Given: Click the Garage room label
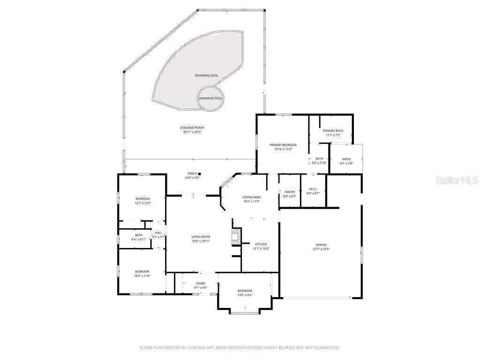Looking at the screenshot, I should (321, 245).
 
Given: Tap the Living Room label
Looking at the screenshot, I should (201, 237).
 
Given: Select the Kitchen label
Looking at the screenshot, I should (261, 244).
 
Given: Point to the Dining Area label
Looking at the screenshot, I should (251, 197).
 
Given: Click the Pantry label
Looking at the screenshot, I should (290, 192).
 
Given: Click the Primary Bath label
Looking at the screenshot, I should (333, 131).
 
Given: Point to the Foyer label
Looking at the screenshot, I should (201, 284).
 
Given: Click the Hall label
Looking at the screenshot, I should (158, 232).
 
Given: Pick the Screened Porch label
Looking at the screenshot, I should (192, 127).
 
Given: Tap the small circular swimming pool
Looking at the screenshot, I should (210, 98).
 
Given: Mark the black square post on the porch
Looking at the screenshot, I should (199, 174).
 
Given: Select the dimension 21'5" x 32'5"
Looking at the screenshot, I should (322, 249).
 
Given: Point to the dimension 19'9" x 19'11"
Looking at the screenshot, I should (201, 241).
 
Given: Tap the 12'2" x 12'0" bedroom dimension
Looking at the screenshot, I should (142, 203).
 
